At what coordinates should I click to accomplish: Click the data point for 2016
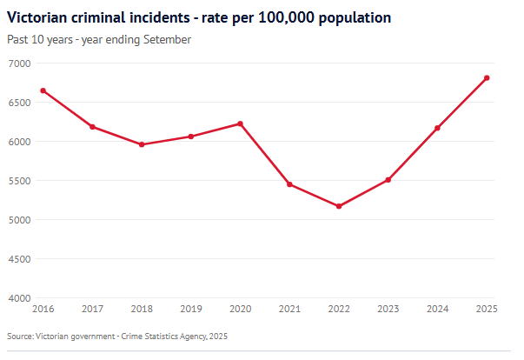(x=43, y=90)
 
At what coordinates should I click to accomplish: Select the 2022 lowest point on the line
(x=339, y=206)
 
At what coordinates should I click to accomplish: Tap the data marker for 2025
(x=487, y=78)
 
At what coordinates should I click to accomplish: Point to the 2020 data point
(x=240, y=123)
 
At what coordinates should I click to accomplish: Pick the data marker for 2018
(x=142, y=144)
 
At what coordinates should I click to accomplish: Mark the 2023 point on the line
(x=388, y=180)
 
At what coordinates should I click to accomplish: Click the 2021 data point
(x=289, y=184)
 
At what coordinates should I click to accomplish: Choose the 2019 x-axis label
(x=190, y=309)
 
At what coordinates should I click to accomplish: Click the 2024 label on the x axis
(x=437, y=309)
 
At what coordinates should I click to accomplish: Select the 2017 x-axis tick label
(x=92, y=309)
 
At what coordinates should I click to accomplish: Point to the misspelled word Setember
(x=167, y=39)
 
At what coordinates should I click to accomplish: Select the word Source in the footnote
(x=19, y=336)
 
